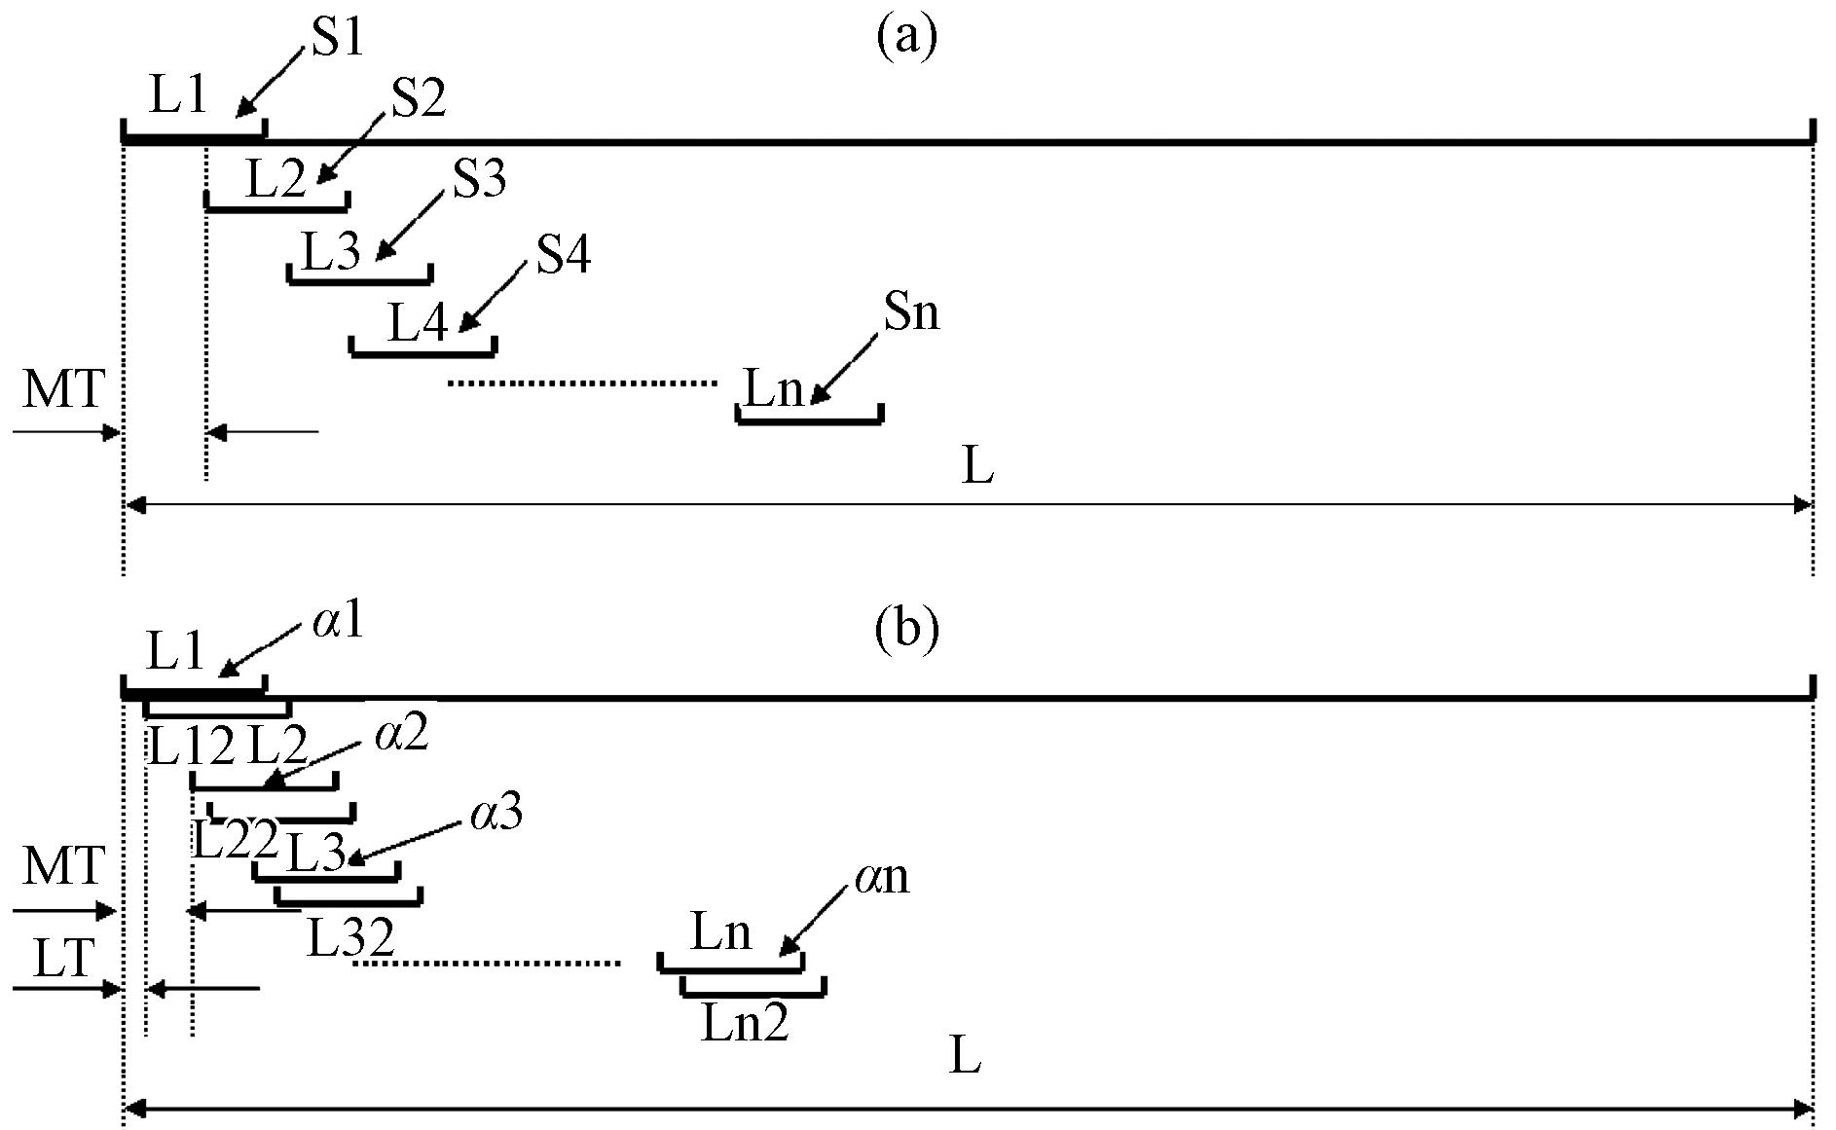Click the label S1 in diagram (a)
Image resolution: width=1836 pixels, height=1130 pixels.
coord(337,38)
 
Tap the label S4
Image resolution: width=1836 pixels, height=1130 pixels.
coord(564,255)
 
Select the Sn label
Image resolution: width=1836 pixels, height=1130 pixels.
coord(912,312)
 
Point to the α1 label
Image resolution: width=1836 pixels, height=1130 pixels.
coord(338,621)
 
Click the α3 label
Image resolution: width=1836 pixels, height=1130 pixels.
coord(496,813)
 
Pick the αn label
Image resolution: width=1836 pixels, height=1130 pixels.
coord(882,878)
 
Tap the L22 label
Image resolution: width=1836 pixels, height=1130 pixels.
coord(235,840)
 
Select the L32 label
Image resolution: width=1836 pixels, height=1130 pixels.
coord(351,937)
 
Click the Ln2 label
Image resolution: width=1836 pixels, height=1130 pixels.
coord(745,1024)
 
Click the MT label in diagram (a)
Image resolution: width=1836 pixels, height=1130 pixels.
coord(63,388)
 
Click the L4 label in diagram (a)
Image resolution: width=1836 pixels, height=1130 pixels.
coord(419,322)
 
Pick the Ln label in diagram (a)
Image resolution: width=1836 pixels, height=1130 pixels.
coord(775,389)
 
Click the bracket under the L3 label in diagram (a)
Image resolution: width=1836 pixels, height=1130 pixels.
coord(359,281)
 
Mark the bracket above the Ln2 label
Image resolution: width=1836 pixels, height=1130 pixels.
coord(754,993)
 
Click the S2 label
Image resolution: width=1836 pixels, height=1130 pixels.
coord(419,99)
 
